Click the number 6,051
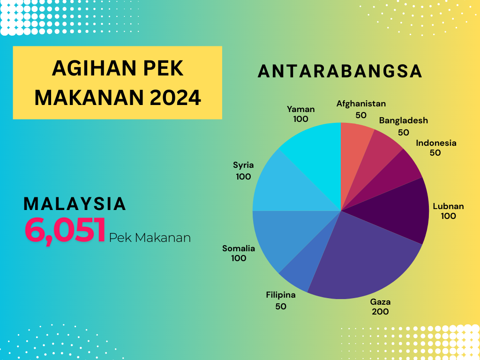(65, 230)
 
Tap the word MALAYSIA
(75, 204)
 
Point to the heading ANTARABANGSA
(340, 71)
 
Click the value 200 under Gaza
(380, 312)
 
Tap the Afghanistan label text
(361, 104)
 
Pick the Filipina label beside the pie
(281, 295)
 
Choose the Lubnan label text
(448, 206)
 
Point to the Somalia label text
(239, 248)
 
